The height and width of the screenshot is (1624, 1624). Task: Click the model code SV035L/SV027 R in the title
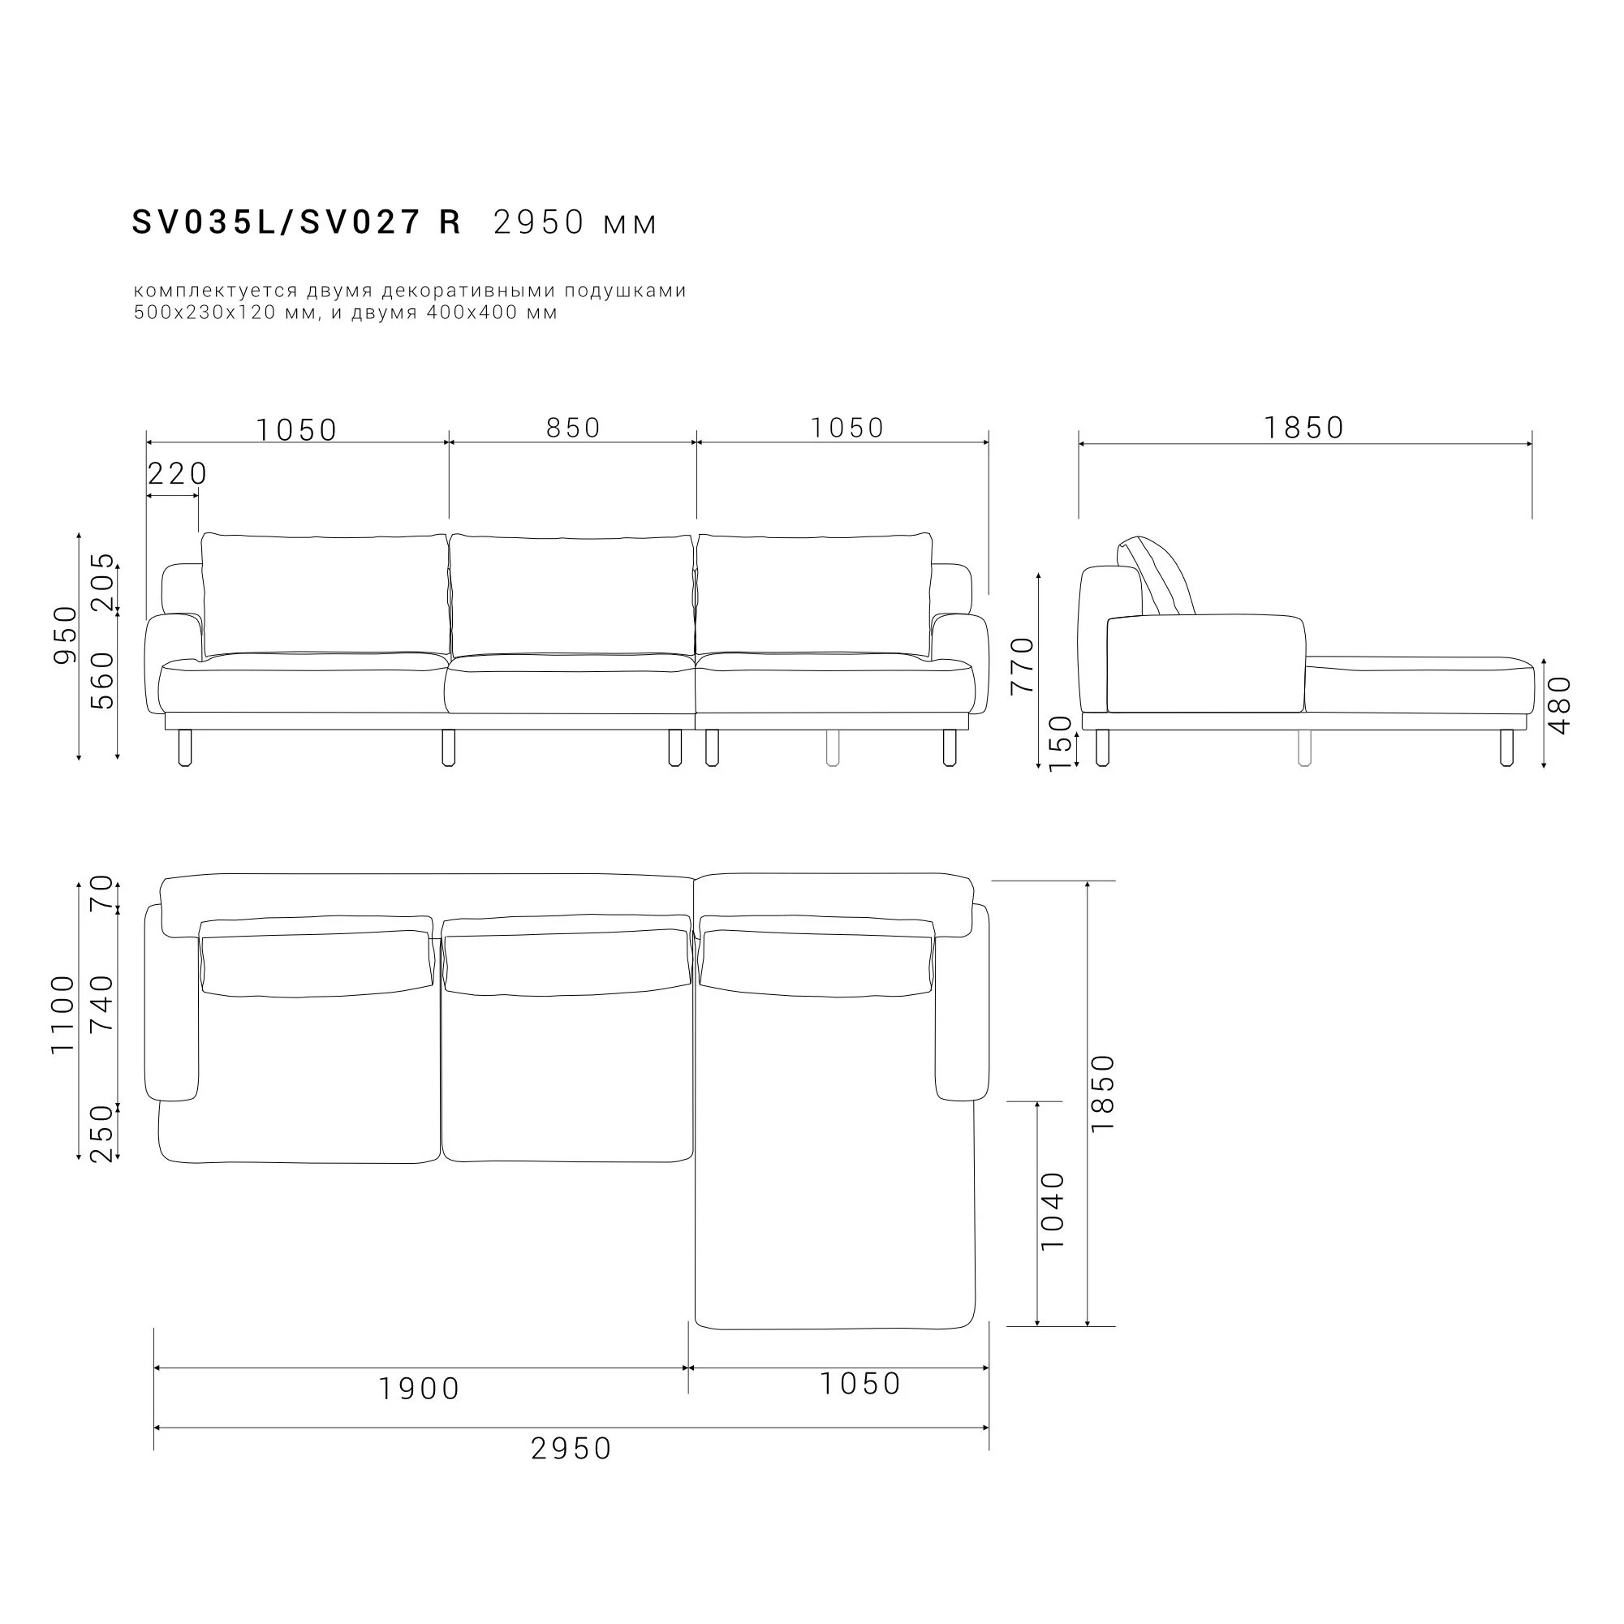tap(297, 222)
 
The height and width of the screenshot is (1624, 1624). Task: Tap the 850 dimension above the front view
tap(573, 428)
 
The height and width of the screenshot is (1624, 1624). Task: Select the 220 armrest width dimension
tap(178, 474)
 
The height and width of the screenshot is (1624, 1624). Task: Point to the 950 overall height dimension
tap(65, 635)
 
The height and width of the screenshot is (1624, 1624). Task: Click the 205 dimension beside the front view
tap(102, 582)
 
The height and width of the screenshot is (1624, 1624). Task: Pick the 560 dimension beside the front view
tap(102, 681)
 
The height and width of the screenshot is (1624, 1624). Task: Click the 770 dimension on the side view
tap(1022, 666)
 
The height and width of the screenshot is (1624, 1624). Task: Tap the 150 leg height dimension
tap(1061, 743)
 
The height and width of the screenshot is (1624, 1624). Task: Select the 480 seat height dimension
tap(1559, 705)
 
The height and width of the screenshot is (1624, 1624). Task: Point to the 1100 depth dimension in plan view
tap(63, 1014)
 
